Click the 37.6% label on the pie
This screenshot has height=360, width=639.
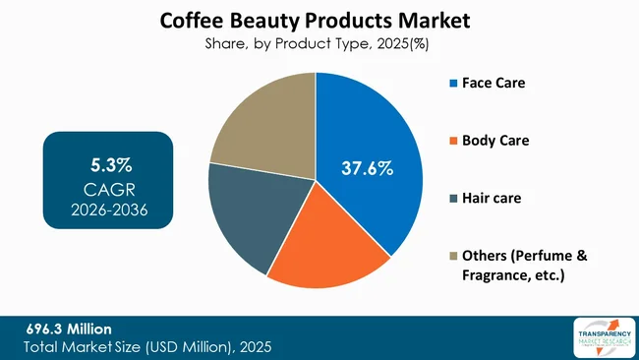click(367, 168)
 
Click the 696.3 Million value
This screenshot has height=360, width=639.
click(69, 328)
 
